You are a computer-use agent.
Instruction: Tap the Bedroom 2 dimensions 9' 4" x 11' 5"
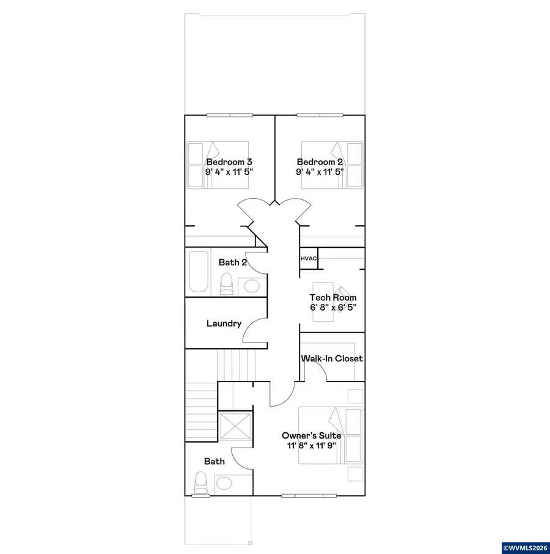tap(320, 172)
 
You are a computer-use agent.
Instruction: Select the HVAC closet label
tap(308, 259)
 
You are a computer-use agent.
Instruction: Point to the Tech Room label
tap(332, 298)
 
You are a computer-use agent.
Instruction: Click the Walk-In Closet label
tap(332, 358)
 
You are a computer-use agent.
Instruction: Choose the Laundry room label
tap(224, 323)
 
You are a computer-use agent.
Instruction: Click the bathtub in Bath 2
tap(198, 271)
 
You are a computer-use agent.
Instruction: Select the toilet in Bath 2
tap(226, 283)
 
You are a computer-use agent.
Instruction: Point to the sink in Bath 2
tap(250, 286)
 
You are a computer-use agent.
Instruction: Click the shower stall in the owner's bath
tap(235, 427)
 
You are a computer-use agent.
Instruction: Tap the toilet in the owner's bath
tap(200, 483)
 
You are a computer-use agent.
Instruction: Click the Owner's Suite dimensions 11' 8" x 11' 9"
tap(307, 446)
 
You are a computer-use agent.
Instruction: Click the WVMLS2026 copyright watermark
tap(524, 547)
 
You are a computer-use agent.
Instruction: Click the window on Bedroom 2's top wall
tap(321, 115)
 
